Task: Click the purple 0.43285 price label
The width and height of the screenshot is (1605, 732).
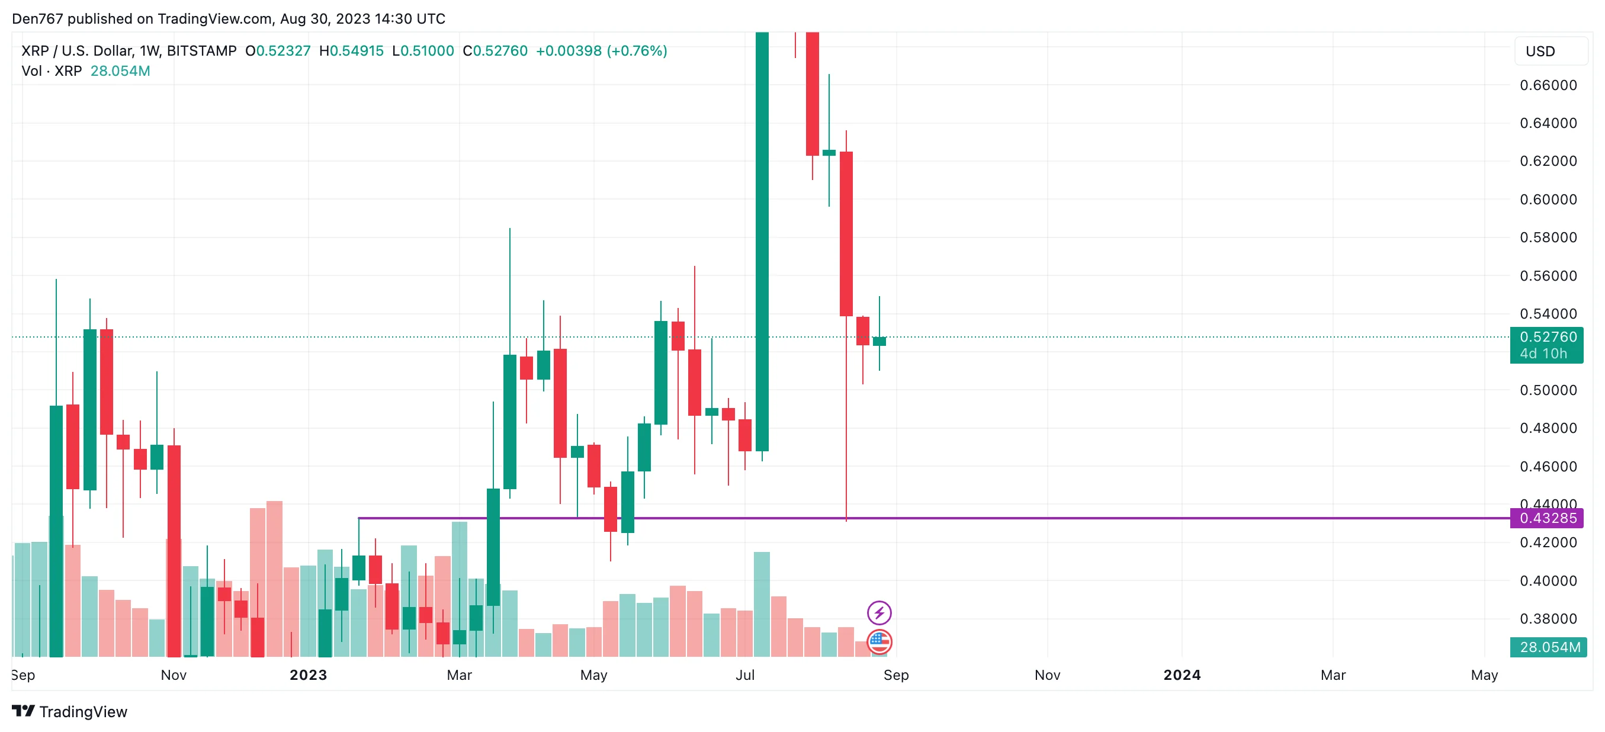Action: [x=1547, y=518]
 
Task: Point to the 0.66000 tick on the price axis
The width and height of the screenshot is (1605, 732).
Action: [x=1548, y=85]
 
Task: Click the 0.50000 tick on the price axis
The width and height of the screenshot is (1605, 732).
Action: [x=1548, y=390]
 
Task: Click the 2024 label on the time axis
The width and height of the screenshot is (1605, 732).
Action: [x=1182, y=675]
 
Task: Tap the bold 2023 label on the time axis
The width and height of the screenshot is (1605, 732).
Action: [x=308, y=675]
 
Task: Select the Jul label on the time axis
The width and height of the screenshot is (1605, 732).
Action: [x=744, y=675]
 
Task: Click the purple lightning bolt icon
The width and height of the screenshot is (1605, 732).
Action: [x=878, y=612]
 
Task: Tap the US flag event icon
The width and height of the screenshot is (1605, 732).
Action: [x=878, y=641]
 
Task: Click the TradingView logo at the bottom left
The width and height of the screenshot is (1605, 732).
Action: [x=69, y=711]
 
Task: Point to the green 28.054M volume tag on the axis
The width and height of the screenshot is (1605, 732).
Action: [x=1548, y=647]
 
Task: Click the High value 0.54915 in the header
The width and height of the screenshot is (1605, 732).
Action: [x=356, y=51]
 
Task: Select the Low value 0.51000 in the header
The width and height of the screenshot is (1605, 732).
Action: [x=427, y=51]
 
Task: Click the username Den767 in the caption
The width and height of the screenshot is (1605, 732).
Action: [x=37, y=19]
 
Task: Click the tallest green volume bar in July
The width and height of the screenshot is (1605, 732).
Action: [x=762, y=604]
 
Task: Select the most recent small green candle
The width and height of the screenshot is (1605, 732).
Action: [x=878, y=341]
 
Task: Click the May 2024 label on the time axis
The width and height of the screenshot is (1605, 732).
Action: [x=1484, y=675]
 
